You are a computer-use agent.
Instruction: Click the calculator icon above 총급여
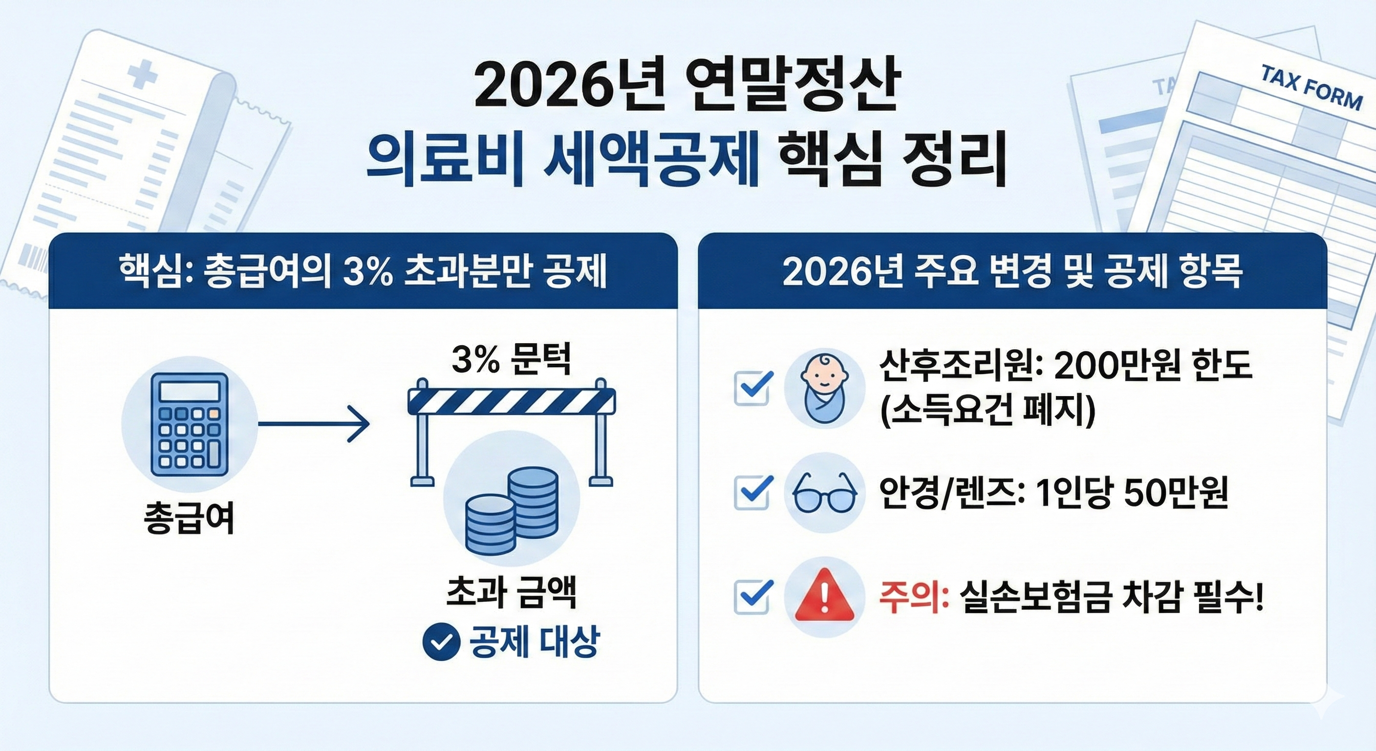tap(190, 424)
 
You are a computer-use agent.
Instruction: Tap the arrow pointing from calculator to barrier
tap(314, 424)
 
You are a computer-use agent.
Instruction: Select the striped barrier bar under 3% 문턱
tap(512, 401)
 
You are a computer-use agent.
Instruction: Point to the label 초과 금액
tap(511, 593)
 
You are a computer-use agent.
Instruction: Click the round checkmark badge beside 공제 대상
tap(441, 642)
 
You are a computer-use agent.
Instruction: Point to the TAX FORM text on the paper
tap(1311, 88)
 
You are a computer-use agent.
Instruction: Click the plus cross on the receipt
tap(143, 75)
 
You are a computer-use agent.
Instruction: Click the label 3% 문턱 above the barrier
tap(511, 360)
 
